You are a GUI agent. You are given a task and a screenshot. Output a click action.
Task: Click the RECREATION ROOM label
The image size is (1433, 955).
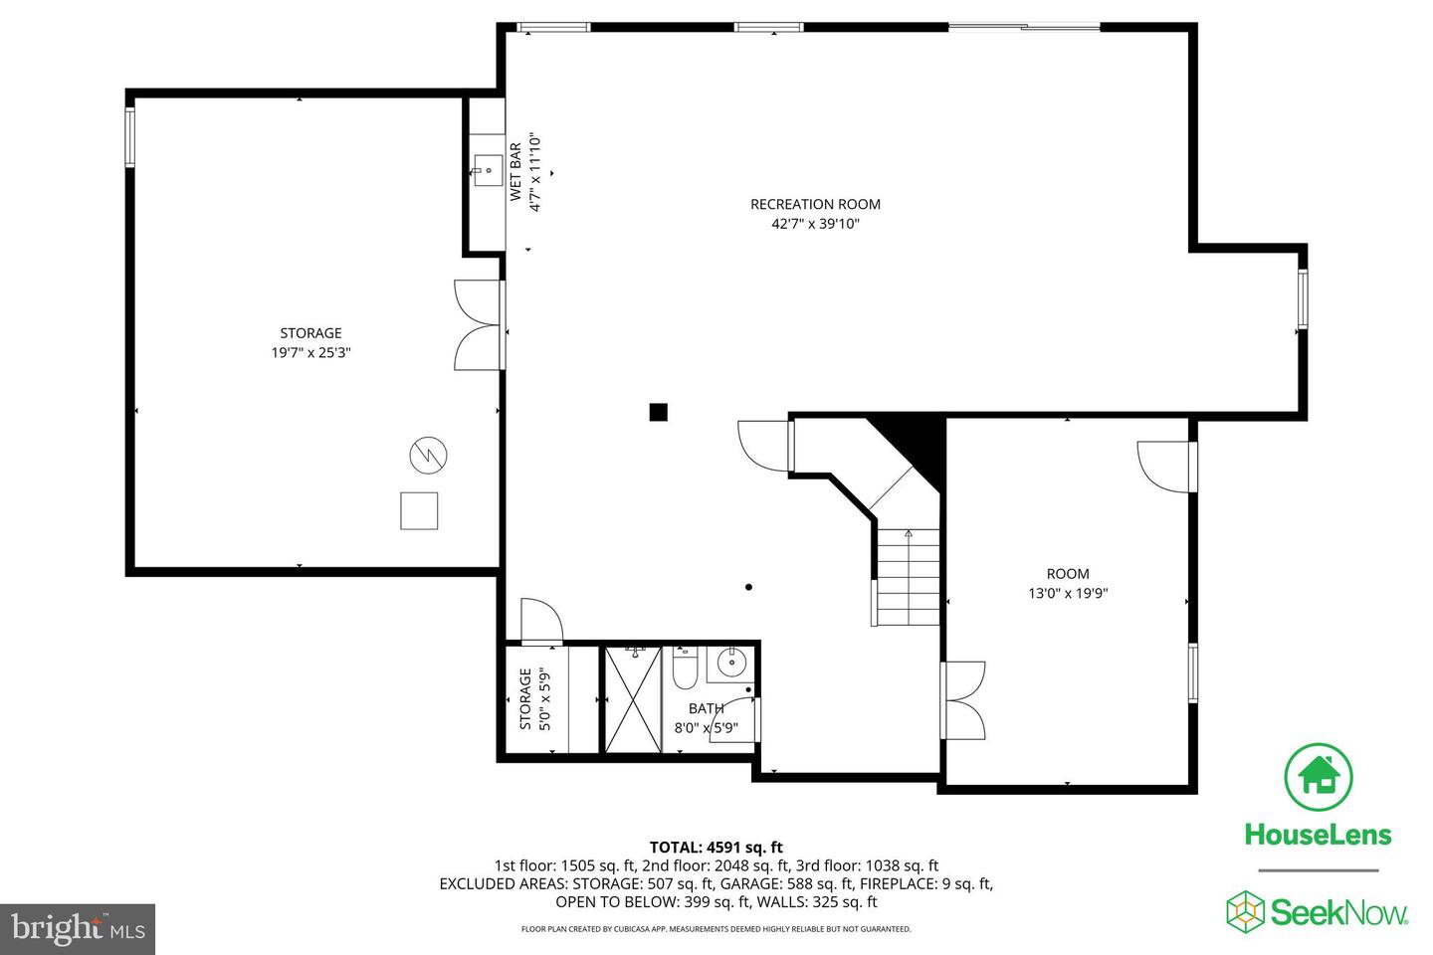[815, 204]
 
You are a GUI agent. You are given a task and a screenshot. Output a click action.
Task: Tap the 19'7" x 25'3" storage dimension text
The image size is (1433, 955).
[310, 352]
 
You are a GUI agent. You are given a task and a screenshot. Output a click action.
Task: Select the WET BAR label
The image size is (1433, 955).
[515, 172]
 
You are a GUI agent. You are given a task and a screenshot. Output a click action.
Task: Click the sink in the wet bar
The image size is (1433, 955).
[489, 170]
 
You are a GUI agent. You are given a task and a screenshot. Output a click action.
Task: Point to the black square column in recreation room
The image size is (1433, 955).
[658, 412]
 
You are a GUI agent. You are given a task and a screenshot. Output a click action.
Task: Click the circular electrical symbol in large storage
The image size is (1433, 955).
[428, 456]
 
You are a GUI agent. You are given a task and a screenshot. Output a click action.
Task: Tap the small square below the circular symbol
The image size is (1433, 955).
[419, 510]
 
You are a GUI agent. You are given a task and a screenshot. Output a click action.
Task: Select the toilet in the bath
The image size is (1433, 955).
[685, 671]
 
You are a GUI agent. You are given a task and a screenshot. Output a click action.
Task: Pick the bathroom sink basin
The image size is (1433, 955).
[732, 662]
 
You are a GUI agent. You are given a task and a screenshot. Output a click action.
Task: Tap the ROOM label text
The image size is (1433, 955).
[1068, 574]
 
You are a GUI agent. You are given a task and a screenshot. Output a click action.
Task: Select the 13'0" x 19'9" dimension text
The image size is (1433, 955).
[1068, 594]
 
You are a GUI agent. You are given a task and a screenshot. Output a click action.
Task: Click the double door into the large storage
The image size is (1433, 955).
[479, 325]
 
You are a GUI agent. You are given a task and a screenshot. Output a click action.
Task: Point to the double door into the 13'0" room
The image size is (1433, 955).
[965, 700]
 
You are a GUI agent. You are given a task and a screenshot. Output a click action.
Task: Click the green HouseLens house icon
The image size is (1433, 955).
[1318, 776]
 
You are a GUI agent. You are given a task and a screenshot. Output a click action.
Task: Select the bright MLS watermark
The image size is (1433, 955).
[78, 929]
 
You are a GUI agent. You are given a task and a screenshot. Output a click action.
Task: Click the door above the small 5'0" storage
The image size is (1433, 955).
[540, 621]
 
